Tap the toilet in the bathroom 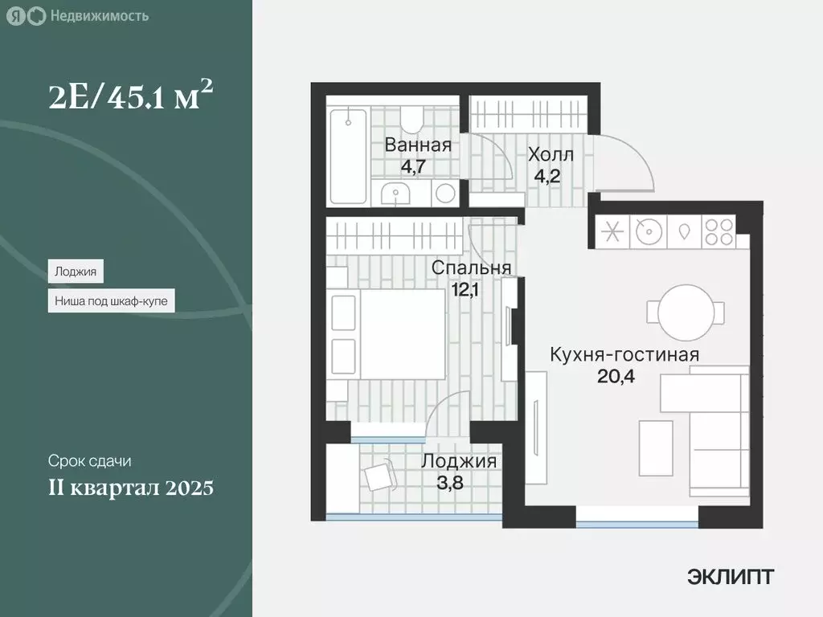pos(412,118)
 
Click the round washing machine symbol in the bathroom pos(444,192)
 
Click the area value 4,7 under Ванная pos(416,166)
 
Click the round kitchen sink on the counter pos(647,231)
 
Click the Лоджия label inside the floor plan pos(458,462)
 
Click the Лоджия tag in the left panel pos(76,272)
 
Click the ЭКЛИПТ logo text pos(731,576)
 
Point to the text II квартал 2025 pos(130,487)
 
